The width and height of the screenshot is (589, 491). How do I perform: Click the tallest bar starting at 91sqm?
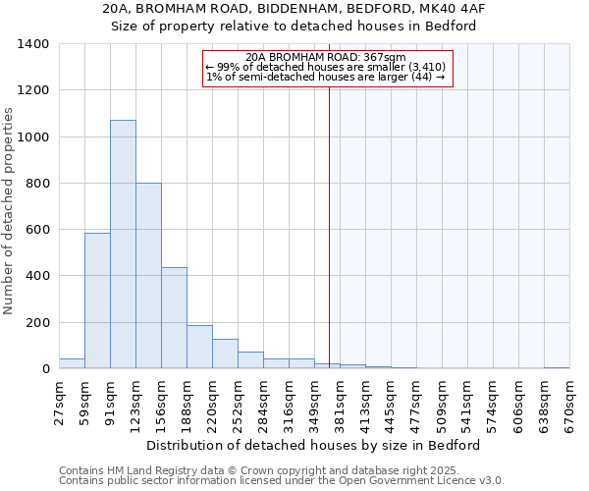(123, 245)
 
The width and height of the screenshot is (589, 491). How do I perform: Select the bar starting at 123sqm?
(148, 276)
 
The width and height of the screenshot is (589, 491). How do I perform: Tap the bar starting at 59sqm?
(97, 300)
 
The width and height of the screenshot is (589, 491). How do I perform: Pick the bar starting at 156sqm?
(174, 318)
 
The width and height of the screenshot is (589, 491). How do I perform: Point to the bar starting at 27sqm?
(72, 363)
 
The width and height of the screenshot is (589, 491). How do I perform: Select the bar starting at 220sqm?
(225, 354)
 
